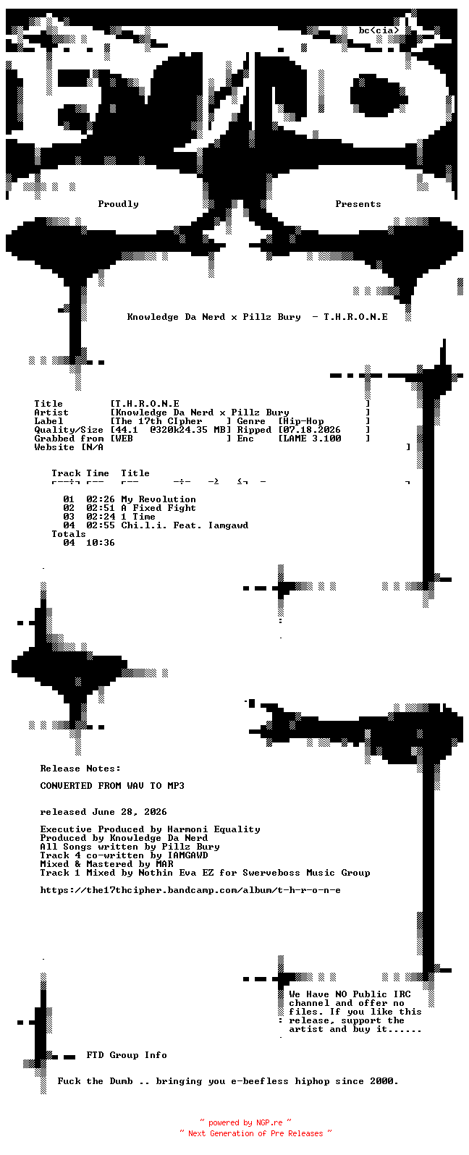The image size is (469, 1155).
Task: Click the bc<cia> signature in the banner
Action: (379, 30)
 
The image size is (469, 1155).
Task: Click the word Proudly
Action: (118, 204)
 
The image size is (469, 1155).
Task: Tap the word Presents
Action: (358, 204)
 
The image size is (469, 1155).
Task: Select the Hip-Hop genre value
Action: (303, 421)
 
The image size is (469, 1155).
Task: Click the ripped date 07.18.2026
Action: (312, 430)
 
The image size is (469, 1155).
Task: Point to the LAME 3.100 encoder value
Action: (312, 439)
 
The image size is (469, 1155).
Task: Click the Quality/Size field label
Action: (69, 430)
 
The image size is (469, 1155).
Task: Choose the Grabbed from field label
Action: (69, 439)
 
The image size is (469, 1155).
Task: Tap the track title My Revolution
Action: (159, 499)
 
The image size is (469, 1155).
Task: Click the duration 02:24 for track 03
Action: (101, 517)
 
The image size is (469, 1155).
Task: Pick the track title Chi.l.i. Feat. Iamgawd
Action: (185, 525)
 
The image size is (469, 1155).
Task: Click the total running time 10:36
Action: (101, 543)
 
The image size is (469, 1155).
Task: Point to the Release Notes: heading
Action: (80, 769)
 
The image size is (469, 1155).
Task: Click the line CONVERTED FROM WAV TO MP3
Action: (112, 786)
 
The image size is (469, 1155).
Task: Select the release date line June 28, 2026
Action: (130, 812)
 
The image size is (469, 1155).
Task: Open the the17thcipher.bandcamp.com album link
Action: (190, 890)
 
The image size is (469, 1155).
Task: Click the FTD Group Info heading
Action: (127, 1055)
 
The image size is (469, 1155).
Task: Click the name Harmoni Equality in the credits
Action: (214, 829)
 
